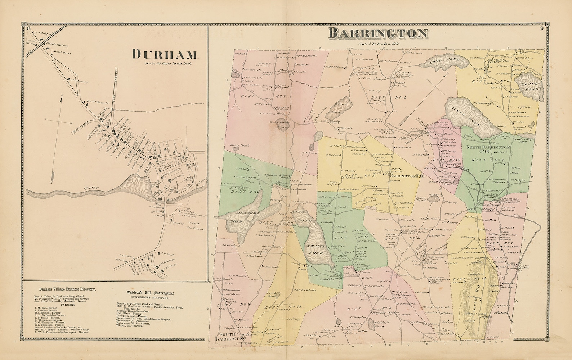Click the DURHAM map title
(165, 54)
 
